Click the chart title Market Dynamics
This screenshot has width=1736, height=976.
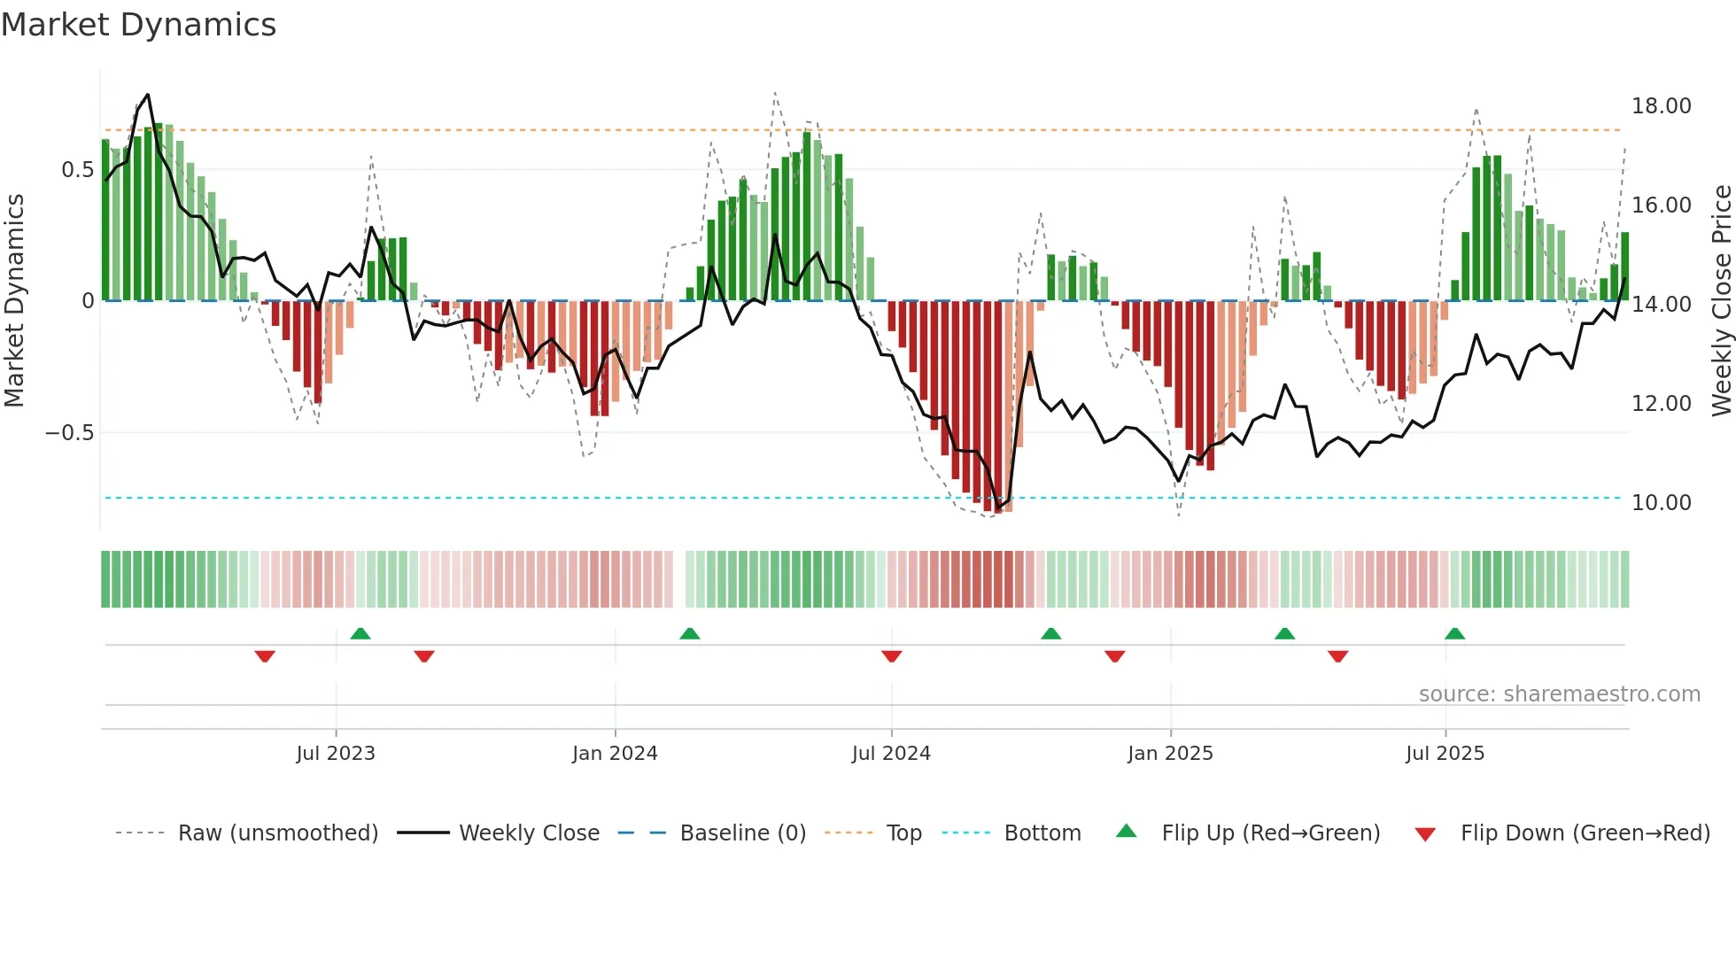click(x=139, y=25)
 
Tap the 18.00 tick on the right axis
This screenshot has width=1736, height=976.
click(x=1661, y=106)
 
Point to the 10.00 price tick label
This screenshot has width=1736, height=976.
click(x=1661, y=503)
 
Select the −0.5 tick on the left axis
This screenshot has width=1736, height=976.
click(x=69, y=433)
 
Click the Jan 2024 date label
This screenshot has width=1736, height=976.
click(x=615, y=754)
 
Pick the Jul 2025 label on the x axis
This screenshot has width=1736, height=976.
click(x=1445, y=754)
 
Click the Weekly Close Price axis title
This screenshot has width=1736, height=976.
click(x=1721, y=301)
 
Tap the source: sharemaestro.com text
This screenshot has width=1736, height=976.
click(x=1559, y=694)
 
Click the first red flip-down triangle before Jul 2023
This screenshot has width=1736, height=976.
click(x=265, y=656)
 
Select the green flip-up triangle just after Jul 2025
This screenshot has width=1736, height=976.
click(x=1454, y=633)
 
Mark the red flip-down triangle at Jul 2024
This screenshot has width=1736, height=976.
click(x=892, y=656)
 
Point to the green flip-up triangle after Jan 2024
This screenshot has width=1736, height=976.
click(x=690, y=633)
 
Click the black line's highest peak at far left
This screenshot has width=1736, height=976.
click(x=147, y=95)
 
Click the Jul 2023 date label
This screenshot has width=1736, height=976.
click(x=336, y=754)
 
